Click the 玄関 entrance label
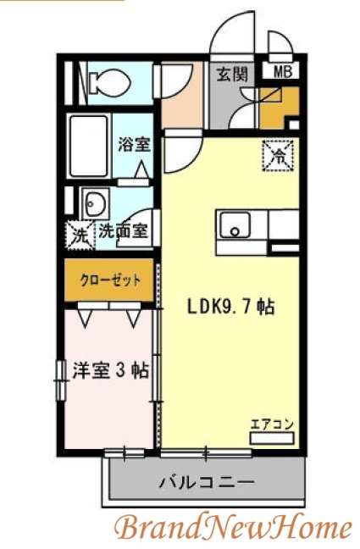click(231, 75)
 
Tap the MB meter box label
click(281, 73)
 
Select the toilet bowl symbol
click(109, 81)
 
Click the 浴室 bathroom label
click(134, 143)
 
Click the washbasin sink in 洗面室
click(93, 204)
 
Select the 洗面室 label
click(124, 230)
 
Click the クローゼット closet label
click(110, 280)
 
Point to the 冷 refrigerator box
click(278, 154)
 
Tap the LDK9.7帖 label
click(229, 306)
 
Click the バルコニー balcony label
click(207, 483)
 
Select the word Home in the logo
click(308, 528)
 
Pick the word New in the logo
click(230, 528)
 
